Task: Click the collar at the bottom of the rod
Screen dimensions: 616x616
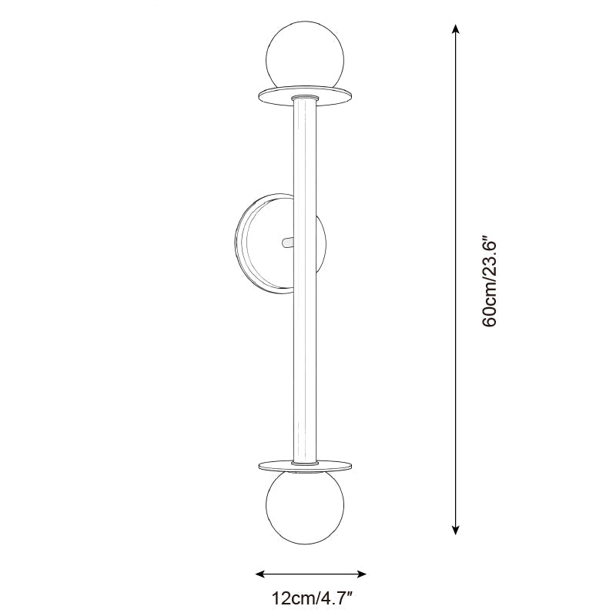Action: click(x=306, y=462)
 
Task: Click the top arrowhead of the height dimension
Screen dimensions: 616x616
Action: click(x=456, y=28)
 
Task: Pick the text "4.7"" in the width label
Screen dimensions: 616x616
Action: click(x=340, y=598)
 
